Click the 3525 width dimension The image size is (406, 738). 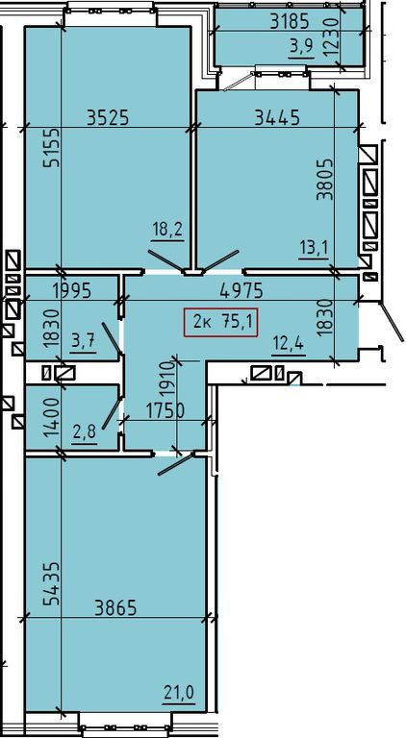(108, 116)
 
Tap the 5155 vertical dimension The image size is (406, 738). (51, 147)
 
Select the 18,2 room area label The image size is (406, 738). (167, 232)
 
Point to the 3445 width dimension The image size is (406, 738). (277, 116)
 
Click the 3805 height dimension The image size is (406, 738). (325, 179)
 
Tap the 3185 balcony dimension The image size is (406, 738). (290, 21)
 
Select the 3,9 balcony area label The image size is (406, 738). (302, 48)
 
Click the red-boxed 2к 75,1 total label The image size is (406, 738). (220, 322)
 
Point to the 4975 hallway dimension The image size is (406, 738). (241, 291)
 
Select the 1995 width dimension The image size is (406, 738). (71, 291)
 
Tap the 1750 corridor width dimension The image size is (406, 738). (165, 412)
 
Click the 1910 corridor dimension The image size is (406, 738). (168, 381)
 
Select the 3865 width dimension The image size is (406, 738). (115, 607)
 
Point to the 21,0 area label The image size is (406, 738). (179, 693)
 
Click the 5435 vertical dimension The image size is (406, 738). (51, 582)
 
